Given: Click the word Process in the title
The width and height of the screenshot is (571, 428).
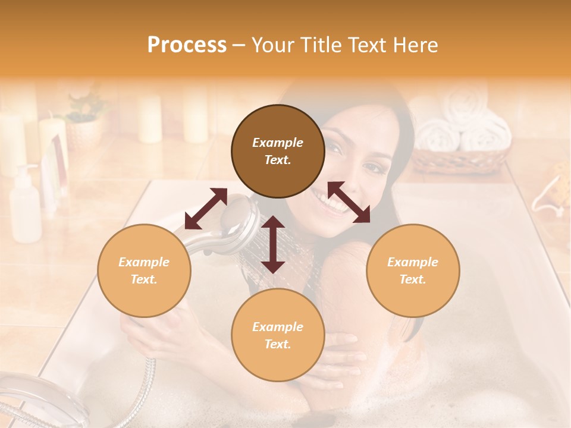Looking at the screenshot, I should point(187,45).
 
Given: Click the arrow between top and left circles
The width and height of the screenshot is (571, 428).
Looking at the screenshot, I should point(206,209).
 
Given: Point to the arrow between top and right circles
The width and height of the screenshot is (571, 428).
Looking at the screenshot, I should point(349,202).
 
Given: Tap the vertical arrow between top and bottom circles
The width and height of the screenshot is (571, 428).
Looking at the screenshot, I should point(273,244).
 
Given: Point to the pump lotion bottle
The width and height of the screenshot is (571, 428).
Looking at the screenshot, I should point(26,205).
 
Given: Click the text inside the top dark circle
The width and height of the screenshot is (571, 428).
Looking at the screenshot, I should point(278,151).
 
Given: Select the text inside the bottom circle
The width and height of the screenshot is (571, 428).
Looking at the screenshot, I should point(278,335).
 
